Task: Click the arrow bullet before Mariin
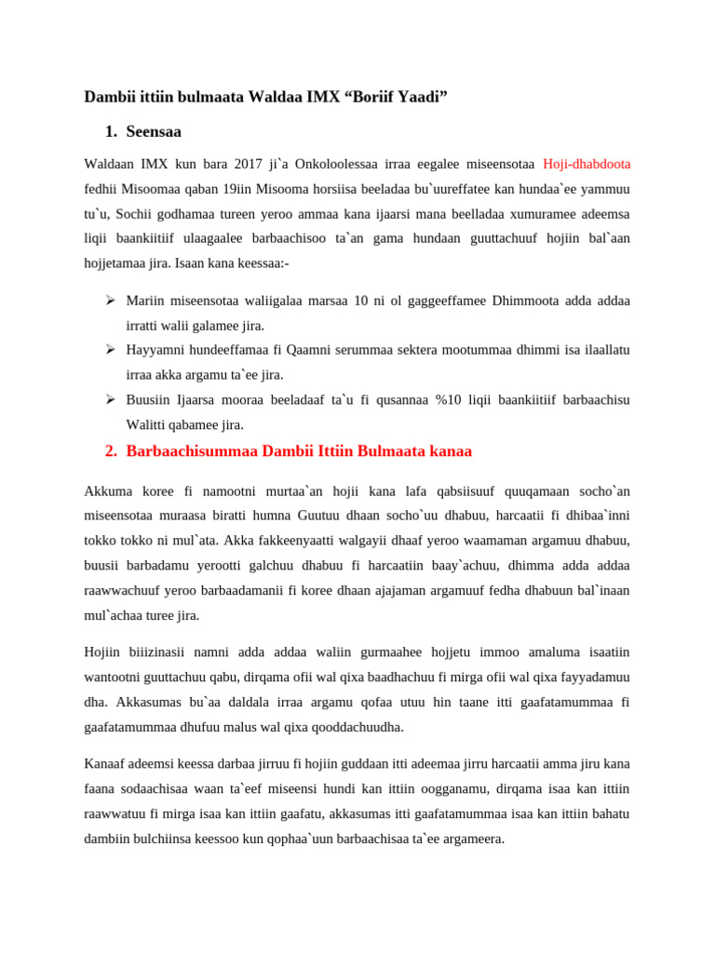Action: pos(109,300)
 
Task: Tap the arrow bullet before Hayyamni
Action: pos(109,349)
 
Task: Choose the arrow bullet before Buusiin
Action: pos(109,399)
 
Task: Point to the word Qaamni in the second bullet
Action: pos(284,350)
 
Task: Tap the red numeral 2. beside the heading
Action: pos(111,451)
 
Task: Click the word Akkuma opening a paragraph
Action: pos(109,490)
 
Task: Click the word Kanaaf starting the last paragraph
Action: pos(105,763)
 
